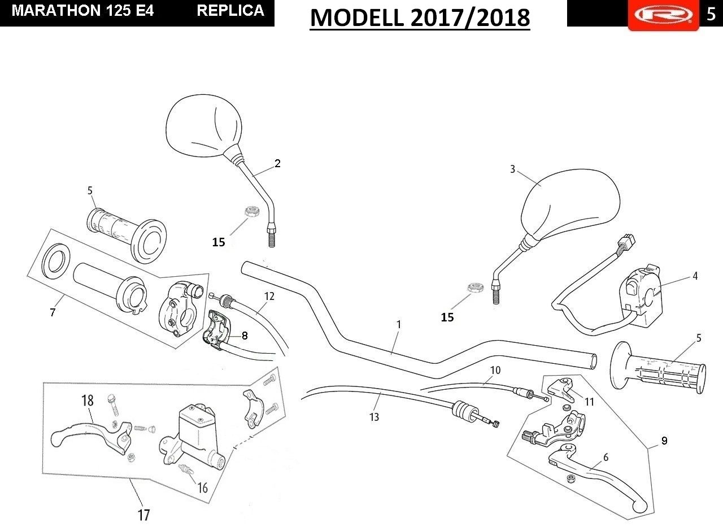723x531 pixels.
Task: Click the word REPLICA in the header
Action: pos(230,11)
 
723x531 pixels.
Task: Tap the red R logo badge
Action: pos(664,15)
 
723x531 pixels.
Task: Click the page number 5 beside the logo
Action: pos(711,14)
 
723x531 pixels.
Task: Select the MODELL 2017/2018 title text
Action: pos(420,18)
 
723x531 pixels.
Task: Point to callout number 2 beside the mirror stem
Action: pos(277,163)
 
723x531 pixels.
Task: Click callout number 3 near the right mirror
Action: pos(512,169)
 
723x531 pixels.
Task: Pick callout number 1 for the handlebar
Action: pos(399,324)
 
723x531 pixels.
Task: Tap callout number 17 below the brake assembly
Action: pos(143,515)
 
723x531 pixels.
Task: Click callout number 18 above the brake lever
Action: pos(88,401)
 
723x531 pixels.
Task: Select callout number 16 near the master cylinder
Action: pos(202,488)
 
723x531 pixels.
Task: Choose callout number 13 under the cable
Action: pos(374,417)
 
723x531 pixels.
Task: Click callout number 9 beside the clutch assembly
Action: pos(664,441)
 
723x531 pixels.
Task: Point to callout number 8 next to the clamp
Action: pos(245,336)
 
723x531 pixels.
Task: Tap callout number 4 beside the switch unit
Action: pos(695,276)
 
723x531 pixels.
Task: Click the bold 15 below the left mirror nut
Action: pos(219,242)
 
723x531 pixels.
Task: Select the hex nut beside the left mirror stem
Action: pos(250,211)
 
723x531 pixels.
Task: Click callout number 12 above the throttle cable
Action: pos(269,296)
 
